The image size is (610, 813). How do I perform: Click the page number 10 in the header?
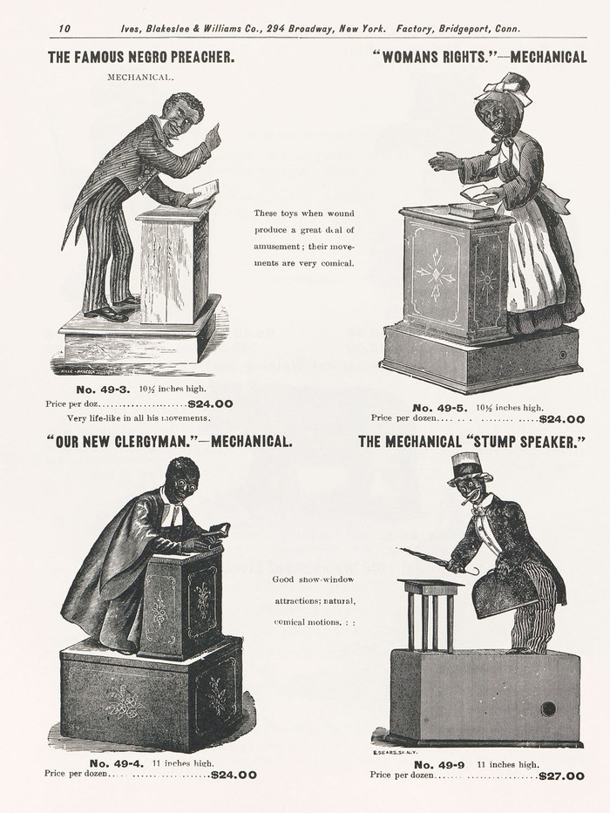point(64,29)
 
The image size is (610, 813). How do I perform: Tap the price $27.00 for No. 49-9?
point(562,776)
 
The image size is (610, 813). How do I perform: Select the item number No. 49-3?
point(105,390)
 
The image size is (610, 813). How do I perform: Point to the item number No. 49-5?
point(440,408)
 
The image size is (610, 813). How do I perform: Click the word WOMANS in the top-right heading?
point(410,57)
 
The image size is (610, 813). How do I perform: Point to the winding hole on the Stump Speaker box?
point(548,708)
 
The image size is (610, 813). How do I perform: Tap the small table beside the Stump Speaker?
point(430,615)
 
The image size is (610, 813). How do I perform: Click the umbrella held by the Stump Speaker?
point(438,560)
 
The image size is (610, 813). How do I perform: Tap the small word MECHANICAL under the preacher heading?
point(140,78)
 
